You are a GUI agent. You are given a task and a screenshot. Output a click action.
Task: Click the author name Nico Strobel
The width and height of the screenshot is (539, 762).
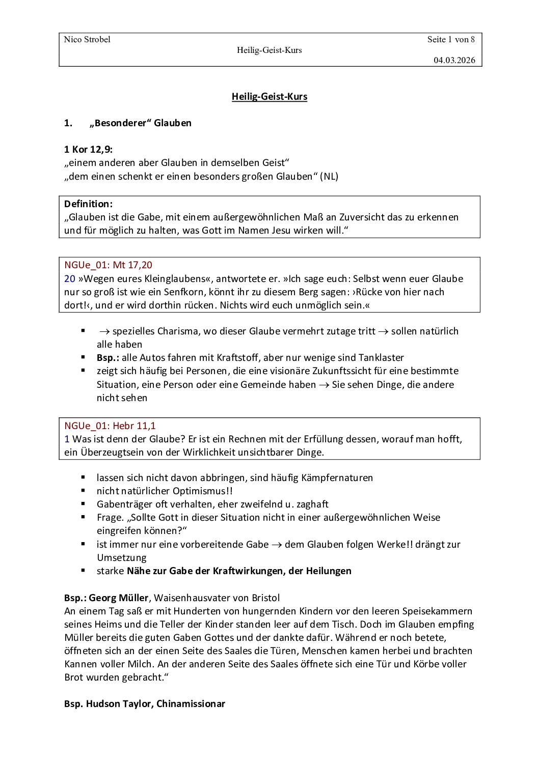(x=87, y=40)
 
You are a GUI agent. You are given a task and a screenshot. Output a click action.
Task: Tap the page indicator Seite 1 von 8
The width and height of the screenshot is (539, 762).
(x=451, y=40)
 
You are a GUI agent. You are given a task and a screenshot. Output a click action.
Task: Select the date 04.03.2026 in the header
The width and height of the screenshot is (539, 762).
(x=454, y=60)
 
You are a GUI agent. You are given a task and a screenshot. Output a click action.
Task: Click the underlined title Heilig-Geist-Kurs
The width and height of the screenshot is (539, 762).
(x=269, y=96)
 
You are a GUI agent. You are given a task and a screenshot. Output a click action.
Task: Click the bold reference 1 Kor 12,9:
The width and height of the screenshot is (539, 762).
(x=89, y=149)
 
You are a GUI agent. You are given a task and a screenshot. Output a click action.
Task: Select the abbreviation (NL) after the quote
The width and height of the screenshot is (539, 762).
(x=329, y=176)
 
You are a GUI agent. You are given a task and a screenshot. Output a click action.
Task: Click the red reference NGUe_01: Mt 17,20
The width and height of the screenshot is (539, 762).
(x=108, y=265)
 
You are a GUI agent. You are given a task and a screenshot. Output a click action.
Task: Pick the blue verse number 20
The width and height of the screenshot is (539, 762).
(x=70, y=278)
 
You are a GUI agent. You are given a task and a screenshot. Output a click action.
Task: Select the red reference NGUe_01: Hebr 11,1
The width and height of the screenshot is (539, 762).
(x=110, y=425)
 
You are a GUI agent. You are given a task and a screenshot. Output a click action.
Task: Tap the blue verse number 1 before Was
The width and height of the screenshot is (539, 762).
(x=67, y=438)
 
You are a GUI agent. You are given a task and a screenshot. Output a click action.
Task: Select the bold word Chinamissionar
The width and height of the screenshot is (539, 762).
(x=191, y=703)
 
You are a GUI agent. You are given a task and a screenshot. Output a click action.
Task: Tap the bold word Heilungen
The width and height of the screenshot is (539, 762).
(x=329, y=571)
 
